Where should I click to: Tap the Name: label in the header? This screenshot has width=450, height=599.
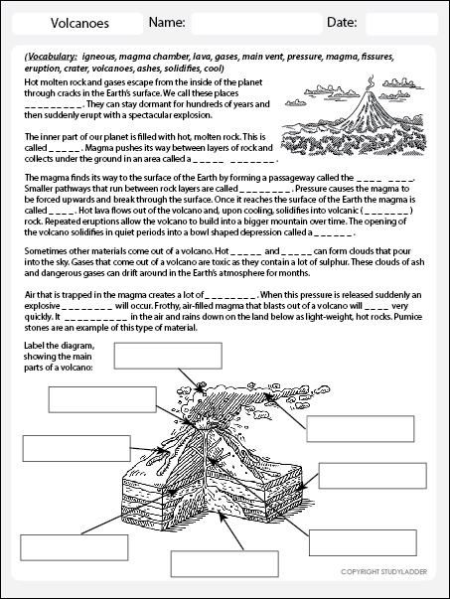point(166,22)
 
